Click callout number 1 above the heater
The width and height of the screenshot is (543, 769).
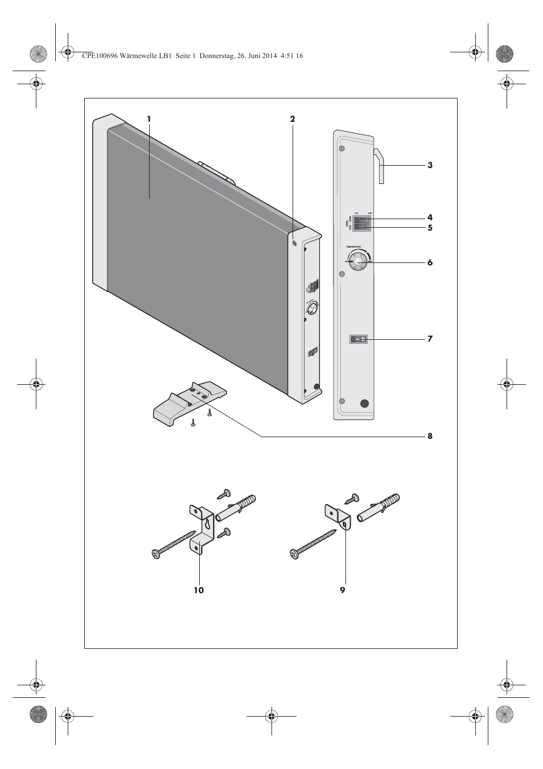149,119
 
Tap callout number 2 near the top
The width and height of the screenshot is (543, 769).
293,119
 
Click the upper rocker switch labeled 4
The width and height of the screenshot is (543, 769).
361,219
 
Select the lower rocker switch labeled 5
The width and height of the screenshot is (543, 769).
361,227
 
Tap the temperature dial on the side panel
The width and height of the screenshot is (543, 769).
359,262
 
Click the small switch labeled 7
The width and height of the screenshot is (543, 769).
359,339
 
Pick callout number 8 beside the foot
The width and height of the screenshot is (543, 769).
430,437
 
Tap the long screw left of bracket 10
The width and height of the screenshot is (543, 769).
174,543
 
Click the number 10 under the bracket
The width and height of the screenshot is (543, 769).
198,590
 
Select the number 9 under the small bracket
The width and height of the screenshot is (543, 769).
343,590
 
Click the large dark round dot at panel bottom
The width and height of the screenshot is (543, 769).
364,404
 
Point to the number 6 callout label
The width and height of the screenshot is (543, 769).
430,263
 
